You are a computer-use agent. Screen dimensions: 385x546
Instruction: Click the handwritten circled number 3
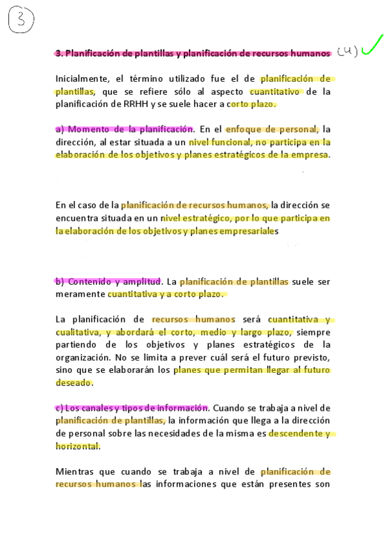tap(21, 21)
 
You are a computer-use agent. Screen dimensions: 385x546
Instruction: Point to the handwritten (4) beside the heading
tap(347, 52)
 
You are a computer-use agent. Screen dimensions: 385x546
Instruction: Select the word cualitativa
tap(77, 332)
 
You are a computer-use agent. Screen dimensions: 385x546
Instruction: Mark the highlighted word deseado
tap(74, 382)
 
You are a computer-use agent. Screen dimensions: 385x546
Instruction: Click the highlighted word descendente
tap(296, 433)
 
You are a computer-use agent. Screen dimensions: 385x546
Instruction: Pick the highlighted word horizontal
tap(78, 446)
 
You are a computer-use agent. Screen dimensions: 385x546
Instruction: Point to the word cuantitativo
tap(275, 91)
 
